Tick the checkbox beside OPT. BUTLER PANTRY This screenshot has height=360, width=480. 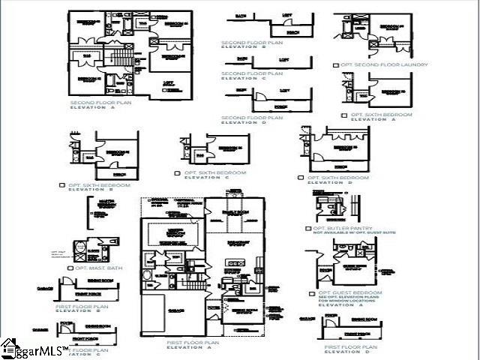pos(308,228)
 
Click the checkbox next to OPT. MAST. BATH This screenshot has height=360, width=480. pos(70,268)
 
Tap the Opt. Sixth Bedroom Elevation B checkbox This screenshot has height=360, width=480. pos(61,184)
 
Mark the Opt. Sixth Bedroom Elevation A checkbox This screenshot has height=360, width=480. pos(343,115)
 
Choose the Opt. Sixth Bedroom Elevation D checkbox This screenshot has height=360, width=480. pos(301,178)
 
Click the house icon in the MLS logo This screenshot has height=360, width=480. pos(9,347)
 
